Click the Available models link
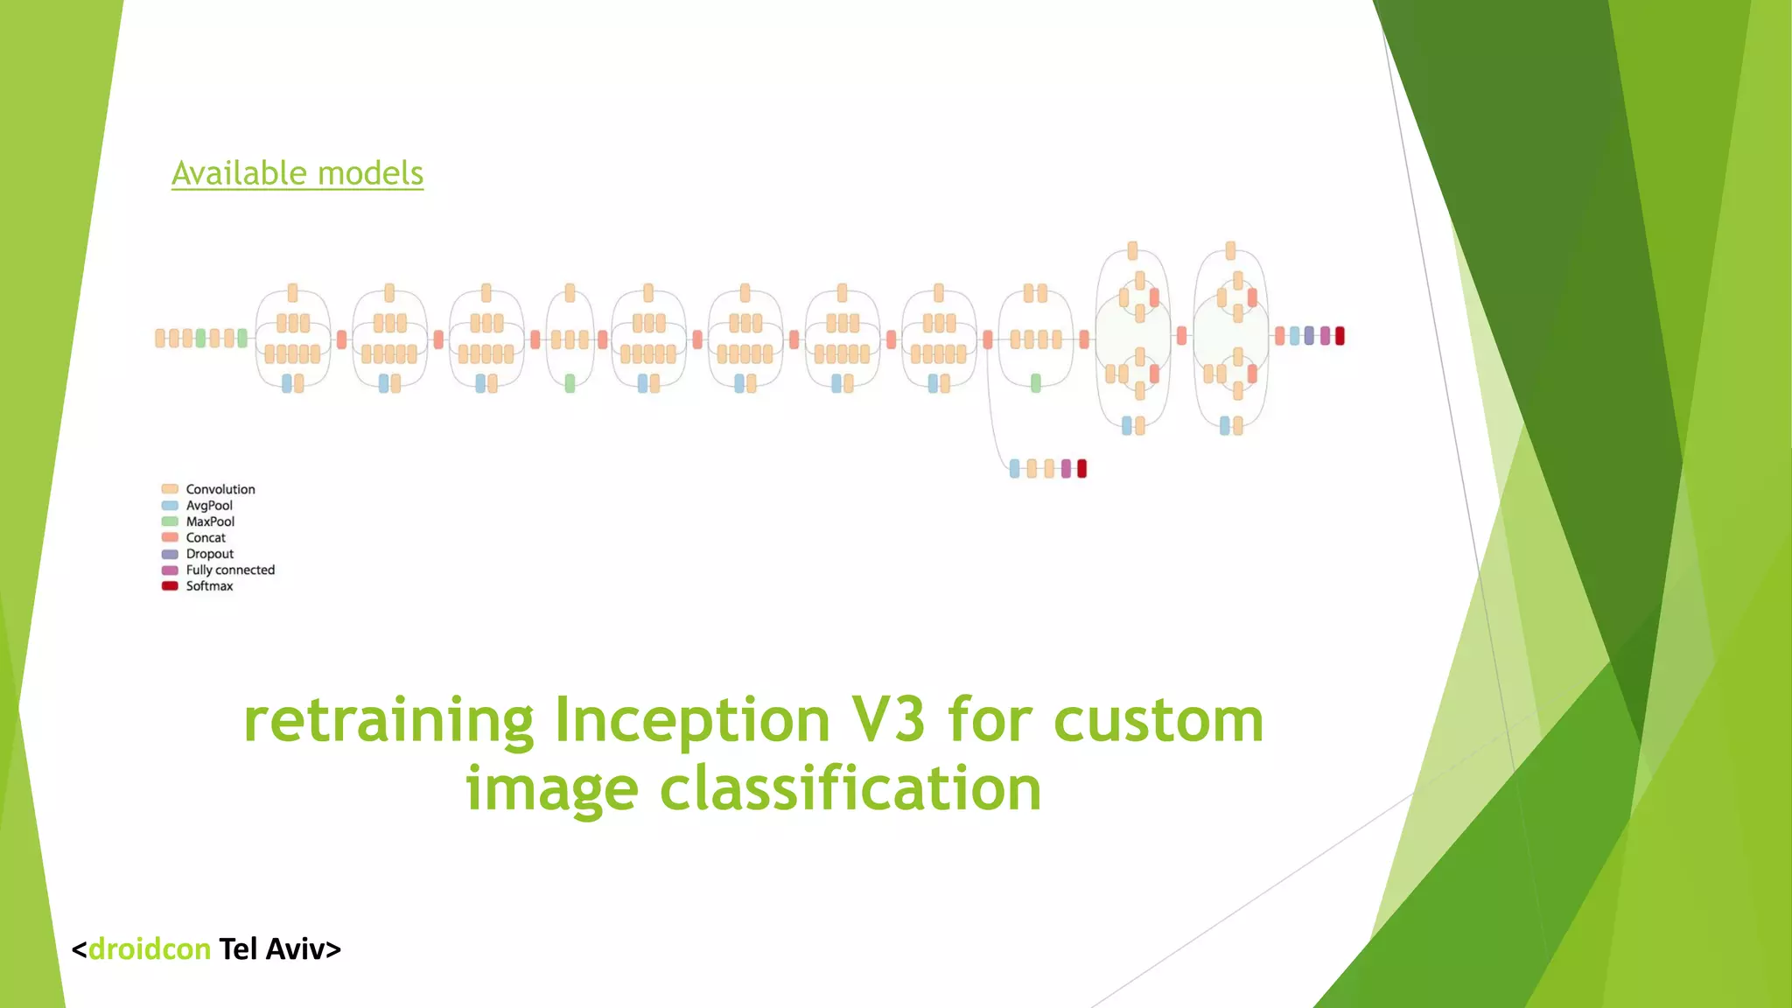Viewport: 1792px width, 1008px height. pos(297,173)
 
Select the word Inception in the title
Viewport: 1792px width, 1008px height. pos(692,720)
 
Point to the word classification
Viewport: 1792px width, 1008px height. pos(850,788)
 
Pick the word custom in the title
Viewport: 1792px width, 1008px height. pos(1158,720)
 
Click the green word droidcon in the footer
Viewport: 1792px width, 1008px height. pos(150,948)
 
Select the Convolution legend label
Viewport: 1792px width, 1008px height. pos(220,489)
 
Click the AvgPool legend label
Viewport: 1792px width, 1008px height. pos(209,505)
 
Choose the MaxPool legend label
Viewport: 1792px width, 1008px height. pos(210,521)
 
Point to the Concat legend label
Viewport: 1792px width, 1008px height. pos(206,537)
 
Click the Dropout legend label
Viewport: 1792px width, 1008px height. pos(210,554)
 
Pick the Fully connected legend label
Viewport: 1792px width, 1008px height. pos(230,570)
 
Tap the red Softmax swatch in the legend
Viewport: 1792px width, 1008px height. pos(170,586)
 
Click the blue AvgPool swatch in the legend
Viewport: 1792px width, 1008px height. pos(170,506)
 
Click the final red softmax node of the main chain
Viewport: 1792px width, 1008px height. pos(1340,336)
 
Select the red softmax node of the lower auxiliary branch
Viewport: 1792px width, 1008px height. pos(1082,469)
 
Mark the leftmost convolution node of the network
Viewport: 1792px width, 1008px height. pos(160,339)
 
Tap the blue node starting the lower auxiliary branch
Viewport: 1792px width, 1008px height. pos(1014,469)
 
